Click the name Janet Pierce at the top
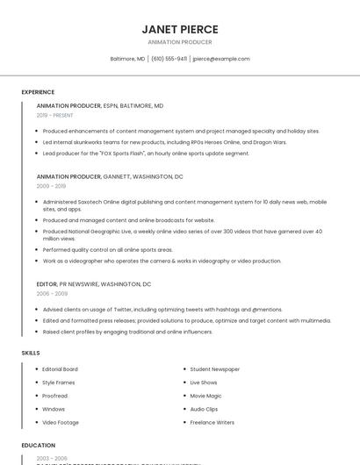[x=180, y=29]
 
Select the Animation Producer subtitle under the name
[x=180, y=42]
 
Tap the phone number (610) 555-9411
[x=169, y=59]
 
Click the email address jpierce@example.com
[x=220, y=59]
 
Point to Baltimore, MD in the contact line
[x=127, y=59]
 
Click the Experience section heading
[x=38, y=92]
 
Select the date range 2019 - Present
[x=54, y=115]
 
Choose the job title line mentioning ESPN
[x=100, y=105]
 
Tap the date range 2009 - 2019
[x=51, y=186]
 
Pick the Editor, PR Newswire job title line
[x=94, y=284]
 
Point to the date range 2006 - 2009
[x=52, y=294]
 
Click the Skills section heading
[x=31, y=353]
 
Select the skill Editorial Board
[x=60, y=369]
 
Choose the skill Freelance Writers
[x=212, y=423]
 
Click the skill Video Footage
[x=61, y=423]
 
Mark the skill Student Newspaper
[x=215, y=369]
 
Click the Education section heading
[x=38, y=446]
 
